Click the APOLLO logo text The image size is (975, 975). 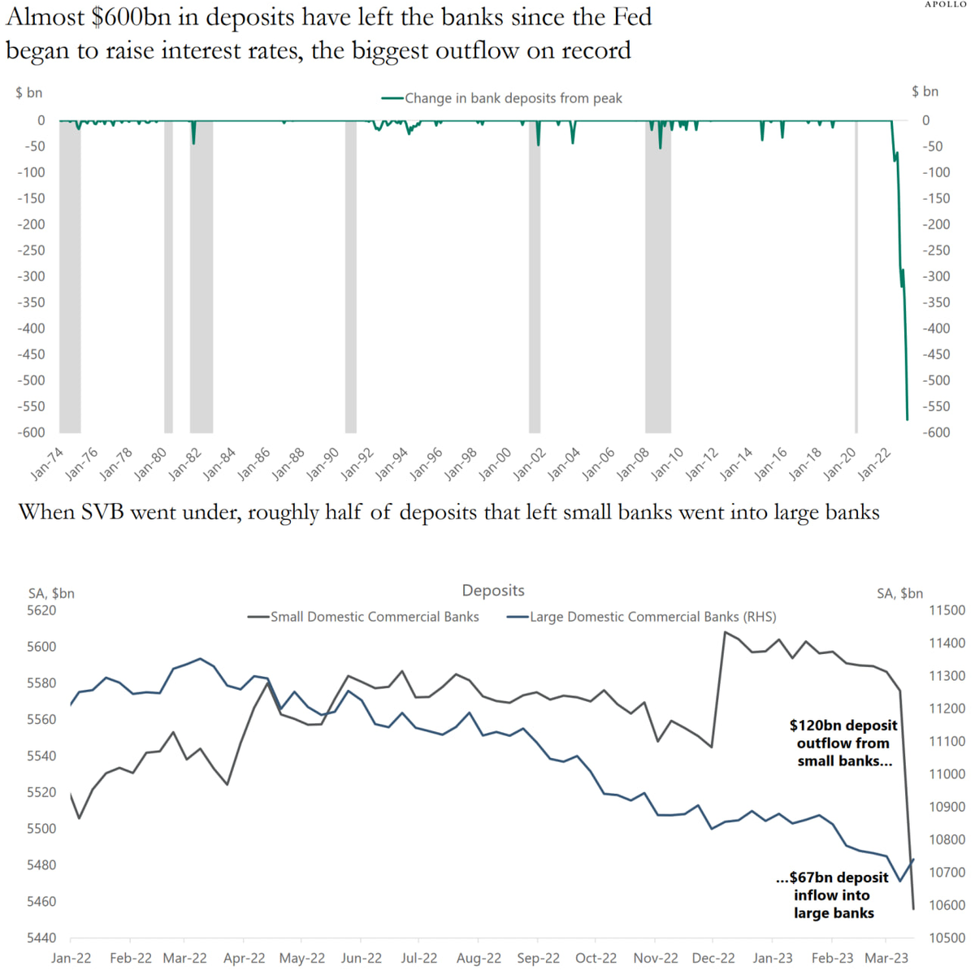click(x=946, y=4)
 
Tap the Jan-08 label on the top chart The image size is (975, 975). click(x=631, y=464)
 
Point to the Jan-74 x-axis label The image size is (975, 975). click(x=46, y=464)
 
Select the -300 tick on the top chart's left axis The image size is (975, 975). click(x=32, y=276)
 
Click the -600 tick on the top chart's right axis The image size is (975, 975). click(x=936, y=432)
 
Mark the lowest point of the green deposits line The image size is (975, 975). click(x=907, y=419)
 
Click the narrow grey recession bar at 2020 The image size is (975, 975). click(x=856, y=276)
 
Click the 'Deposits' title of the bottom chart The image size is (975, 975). click(x=493, y=591)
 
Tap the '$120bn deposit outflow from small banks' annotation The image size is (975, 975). click(x=843, y=743)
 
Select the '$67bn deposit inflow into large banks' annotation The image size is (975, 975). click(x=833, y=895)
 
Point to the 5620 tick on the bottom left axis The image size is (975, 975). click(x=42, y=610)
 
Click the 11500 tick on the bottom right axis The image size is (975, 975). click(x=947, y=610)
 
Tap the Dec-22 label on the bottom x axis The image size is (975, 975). click(x=713, y=958)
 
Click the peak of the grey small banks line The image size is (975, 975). click(x=725, y=632)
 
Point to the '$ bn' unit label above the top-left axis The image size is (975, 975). click(x=28, y=93)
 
